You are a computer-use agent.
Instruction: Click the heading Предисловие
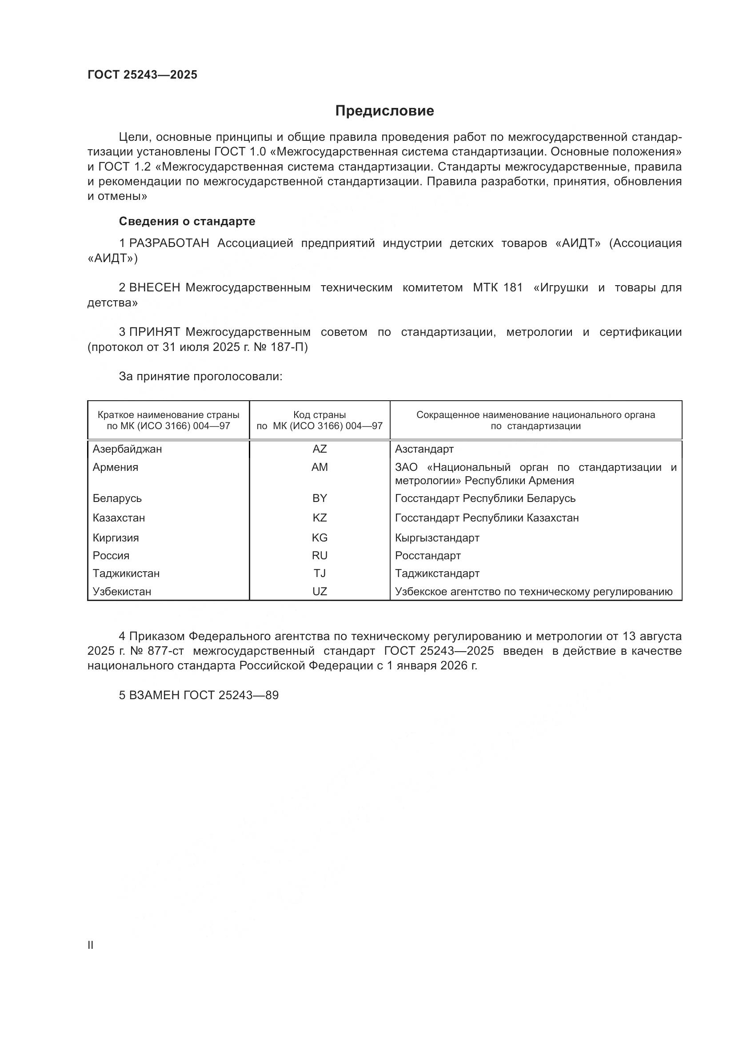tap(384, 111)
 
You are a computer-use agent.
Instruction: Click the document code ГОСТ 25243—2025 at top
tap(142, 75)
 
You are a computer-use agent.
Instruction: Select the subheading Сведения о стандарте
tap(187, 221)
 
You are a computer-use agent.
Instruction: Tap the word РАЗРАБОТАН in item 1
tap(169, 243)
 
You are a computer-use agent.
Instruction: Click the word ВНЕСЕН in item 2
tap(154, 288)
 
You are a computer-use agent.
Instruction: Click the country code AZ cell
tap(320, 450)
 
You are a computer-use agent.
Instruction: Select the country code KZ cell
tap(320, 518)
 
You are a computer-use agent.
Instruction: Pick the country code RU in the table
tap(320, 556)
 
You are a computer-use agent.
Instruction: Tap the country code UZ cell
tap(320, 591)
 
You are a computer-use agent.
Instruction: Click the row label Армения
tap(116, 467)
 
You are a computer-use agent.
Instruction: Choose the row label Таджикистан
tap(126, 573)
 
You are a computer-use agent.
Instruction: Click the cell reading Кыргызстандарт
tap(437, 538)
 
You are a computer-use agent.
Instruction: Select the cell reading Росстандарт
tap(427, 556)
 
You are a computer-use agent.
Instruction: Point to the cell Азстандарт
tap(424, 450)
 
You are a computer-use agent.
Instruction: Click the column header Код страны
tap(320, 415)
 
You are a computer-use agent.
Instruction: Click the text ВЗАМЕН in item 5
tap(154, 696)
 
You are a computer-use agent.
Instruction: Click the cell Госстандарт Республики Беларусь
tap(485, 499)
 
